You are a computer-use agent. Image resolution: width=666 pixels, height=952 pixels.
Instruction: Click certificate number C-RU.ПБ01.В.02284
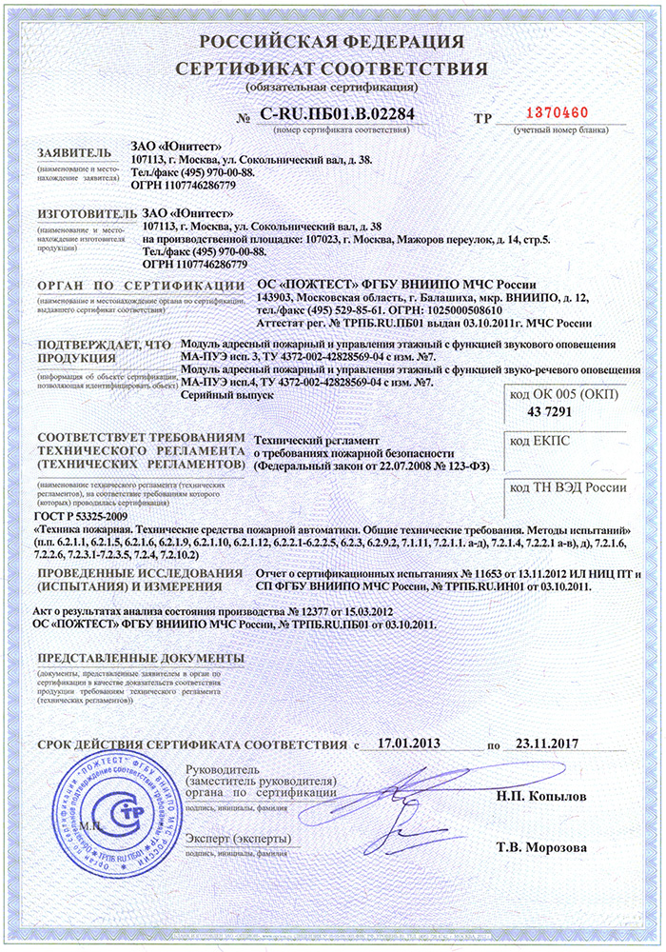click(338, 116)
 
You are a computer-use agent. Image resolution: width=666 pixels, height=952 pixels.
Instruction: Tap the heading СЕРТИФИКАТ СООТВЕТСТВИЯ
click(332, 69)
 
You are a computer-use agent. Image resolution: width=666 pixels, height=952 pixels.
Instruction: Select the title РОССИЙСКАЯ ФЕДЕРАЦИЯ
click(332, 41)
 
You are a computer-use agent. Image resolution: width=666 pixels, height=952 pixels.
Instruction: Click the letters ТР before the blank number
click(483, 117)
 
